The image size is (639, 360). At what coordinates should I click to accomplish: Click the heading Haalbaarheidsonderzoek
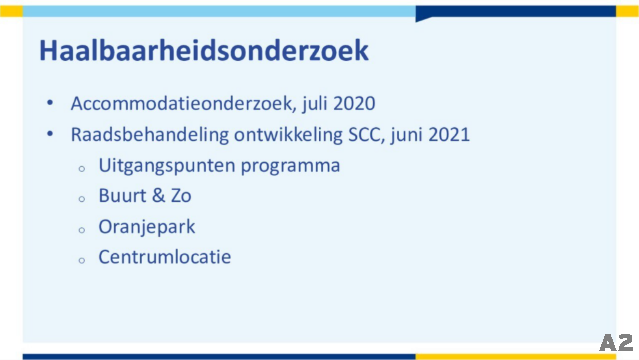pyautogui.click(x=204, y=51)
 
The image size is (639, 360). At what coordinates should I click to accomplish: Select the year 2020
pyautogui.click(x=354, y=103)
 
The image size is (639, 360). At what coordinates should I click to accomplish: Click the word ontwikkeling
pyautogui.click(x=289, y=134)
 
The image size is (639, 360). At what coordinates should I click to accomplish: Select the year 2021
pyautogui.click(x=449, y=134)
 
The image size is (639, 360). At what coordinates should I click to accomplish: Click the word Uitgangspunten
pyautogui.click(x=167, y=166)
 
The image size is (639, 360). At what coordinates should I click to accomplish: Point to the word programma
pyautogui.click(x=291, y=167)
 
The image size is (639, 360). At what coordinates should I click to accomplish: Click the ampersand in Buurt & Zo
pyautogui.click(x=159, y=196)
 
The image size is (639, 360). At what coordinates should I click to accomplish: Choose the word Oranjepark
pyautogui.click(x=147, y=227)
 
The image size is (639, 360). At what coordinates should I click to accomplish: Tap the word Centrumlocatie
pyautogui.click(x=165, y=257)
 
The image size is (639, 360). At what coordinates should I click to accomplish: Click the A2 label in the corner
pyautogui.click(x=616, y=342)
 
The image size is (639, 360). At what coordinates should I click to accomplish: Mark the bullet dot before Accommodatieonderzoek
pyautogui.click(x=50, y=103)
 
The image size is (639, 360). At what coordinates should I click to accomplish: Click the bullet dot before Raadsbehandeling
pyautogui.click(x=50, y=134)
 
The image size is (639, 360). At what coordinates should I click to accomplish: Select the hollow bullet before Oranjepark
pyautogui.click(x=82, y=230)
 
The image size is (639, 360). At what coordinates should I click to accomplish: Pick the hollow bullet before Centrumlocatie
pyautogui.click(x=82, y=260)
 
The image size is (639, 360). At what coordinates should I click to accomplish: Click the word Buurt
pyautogui.click(x=123, y=196)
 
